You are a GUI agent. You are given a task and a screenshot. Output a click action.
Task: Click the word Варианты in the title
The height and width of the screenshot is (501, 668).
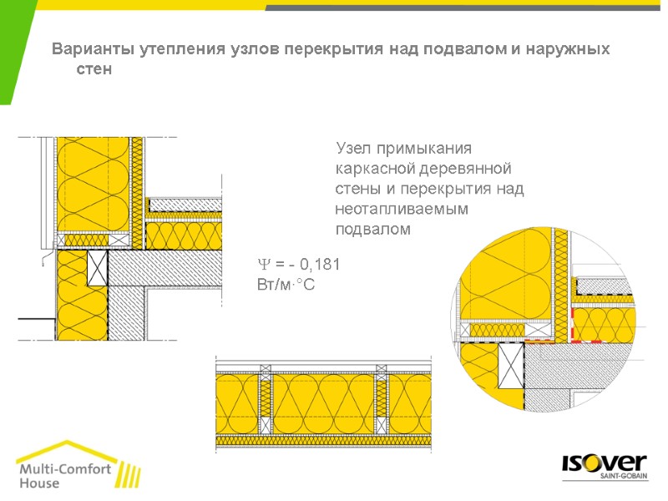pyautogui.click(x=87, y=49)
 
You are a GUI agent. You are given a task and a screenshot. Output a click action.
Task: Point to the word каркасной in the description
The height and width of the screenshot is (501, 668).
pyautogui.click(x=373, y=169)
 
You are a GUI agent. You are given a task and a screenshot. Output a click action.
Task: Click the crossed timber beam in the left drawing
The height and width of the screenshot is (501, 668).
pyautogui.click(x=98, y=267)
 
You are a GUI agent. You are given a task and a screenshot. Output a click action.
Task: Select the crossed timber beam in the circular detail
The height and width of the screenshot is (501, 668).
pyautogui.click(x=509, y=367)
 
